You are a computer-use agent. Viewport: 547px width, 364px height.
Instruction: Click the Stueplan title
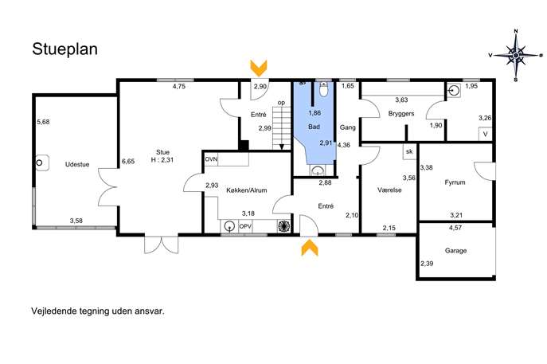(64, 49)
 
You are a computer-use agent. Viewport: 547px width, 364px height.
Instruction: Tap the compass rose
(516, 55)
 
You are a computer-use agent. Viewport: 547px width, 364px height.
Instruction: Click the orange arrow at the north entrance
(259, 68)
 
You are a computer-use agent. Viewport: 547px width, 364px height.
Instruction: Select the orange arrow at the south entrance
(310, 248)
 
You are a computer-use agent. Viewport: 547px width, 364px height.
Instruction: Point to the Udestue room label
(77, 164)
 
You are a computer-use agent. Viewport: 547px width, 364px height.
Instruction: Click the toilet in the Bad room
(324, 89)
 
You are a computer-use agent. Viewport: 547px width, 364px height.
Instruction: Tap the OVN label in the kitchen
(211, 159)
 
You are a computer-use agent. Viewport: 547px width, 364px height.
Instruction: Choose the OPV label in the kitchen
(245, 226)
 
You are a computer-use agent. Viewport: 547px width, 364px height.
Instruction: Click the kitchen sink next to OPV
(229, 226)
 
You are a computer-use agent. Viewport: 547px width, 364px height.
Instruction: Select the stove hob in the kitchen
(283, 226)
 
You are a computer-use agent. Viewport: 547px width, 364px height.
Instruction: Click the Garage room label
(455, 251)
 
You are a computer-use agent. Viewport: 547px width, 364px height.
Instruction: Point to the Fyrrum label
(455, 182)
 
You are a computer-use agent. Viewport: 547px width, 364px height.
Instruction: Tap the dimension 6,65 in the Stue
(128, 161)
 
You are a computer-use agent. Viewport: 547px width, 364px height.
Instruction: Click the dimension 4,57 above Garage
(455, 228)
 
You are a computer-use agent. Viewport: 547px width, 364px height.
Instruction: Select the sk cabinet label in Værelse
(409, 151)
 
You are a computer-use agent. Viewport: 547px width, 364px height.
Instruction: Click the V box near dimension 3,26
(485, 134)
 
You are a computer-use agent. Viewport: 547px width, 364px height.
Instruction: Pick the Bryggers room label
(401, 114)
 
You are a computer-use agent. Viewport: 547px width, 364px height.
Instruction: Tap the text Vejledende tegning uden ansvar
(98, 311)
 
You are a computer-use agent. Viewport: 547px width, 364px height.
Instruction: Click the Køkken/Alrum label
(247, 190)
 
